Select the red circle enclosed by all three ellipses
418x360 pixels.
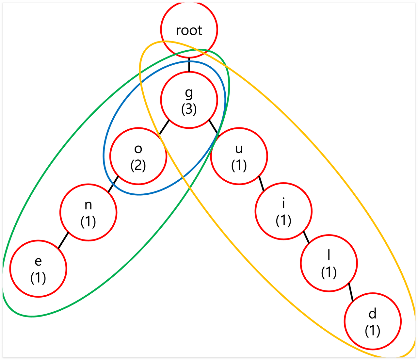[189, 100]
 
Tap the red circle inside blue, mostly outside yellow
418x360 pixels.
[138, 156]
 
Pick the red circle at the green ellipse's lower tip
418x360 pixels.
[38, 269]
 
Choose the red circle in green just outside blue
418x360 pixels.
[88, 212]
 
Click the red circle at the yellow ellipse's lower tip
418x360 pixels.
[373, 321]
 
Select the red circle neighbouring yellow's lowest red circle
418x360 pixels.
[329, 263]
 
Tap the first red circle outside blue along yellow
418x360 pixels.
[239, 156]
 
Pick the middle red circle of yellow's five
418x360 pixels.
[283, 211]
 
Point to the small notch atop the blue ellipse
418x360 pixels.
[189, 60]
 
